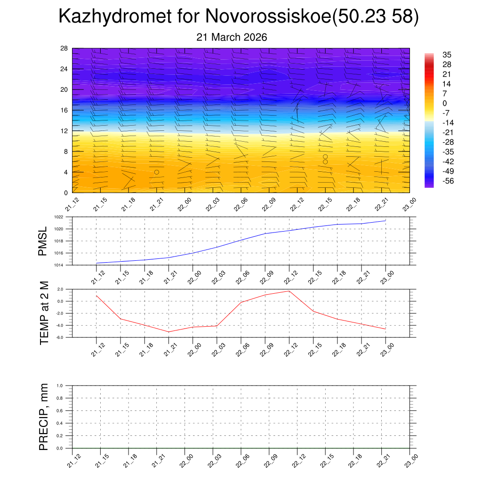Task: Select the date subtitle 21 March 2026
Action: (232, 37)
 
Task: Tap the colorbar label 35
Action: (447, 55)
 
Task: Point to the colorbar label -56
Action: (448, 181)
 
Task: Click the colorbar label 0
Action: (444, 104)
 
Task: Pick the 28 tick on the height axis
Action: (64, 48)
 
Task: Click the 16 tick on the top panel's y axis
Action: (64, 110)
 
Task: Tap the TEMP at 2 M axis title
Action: (44, 313)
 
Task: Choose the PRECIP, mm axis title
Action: (44, 417)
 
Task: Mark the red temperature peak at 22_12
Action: (289, 291)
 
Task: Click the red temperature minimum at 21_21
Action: (169, 332)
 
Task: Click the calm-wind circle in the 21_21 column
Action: (157, 172)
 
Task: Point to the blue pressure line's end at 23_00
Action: (386, 220)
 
